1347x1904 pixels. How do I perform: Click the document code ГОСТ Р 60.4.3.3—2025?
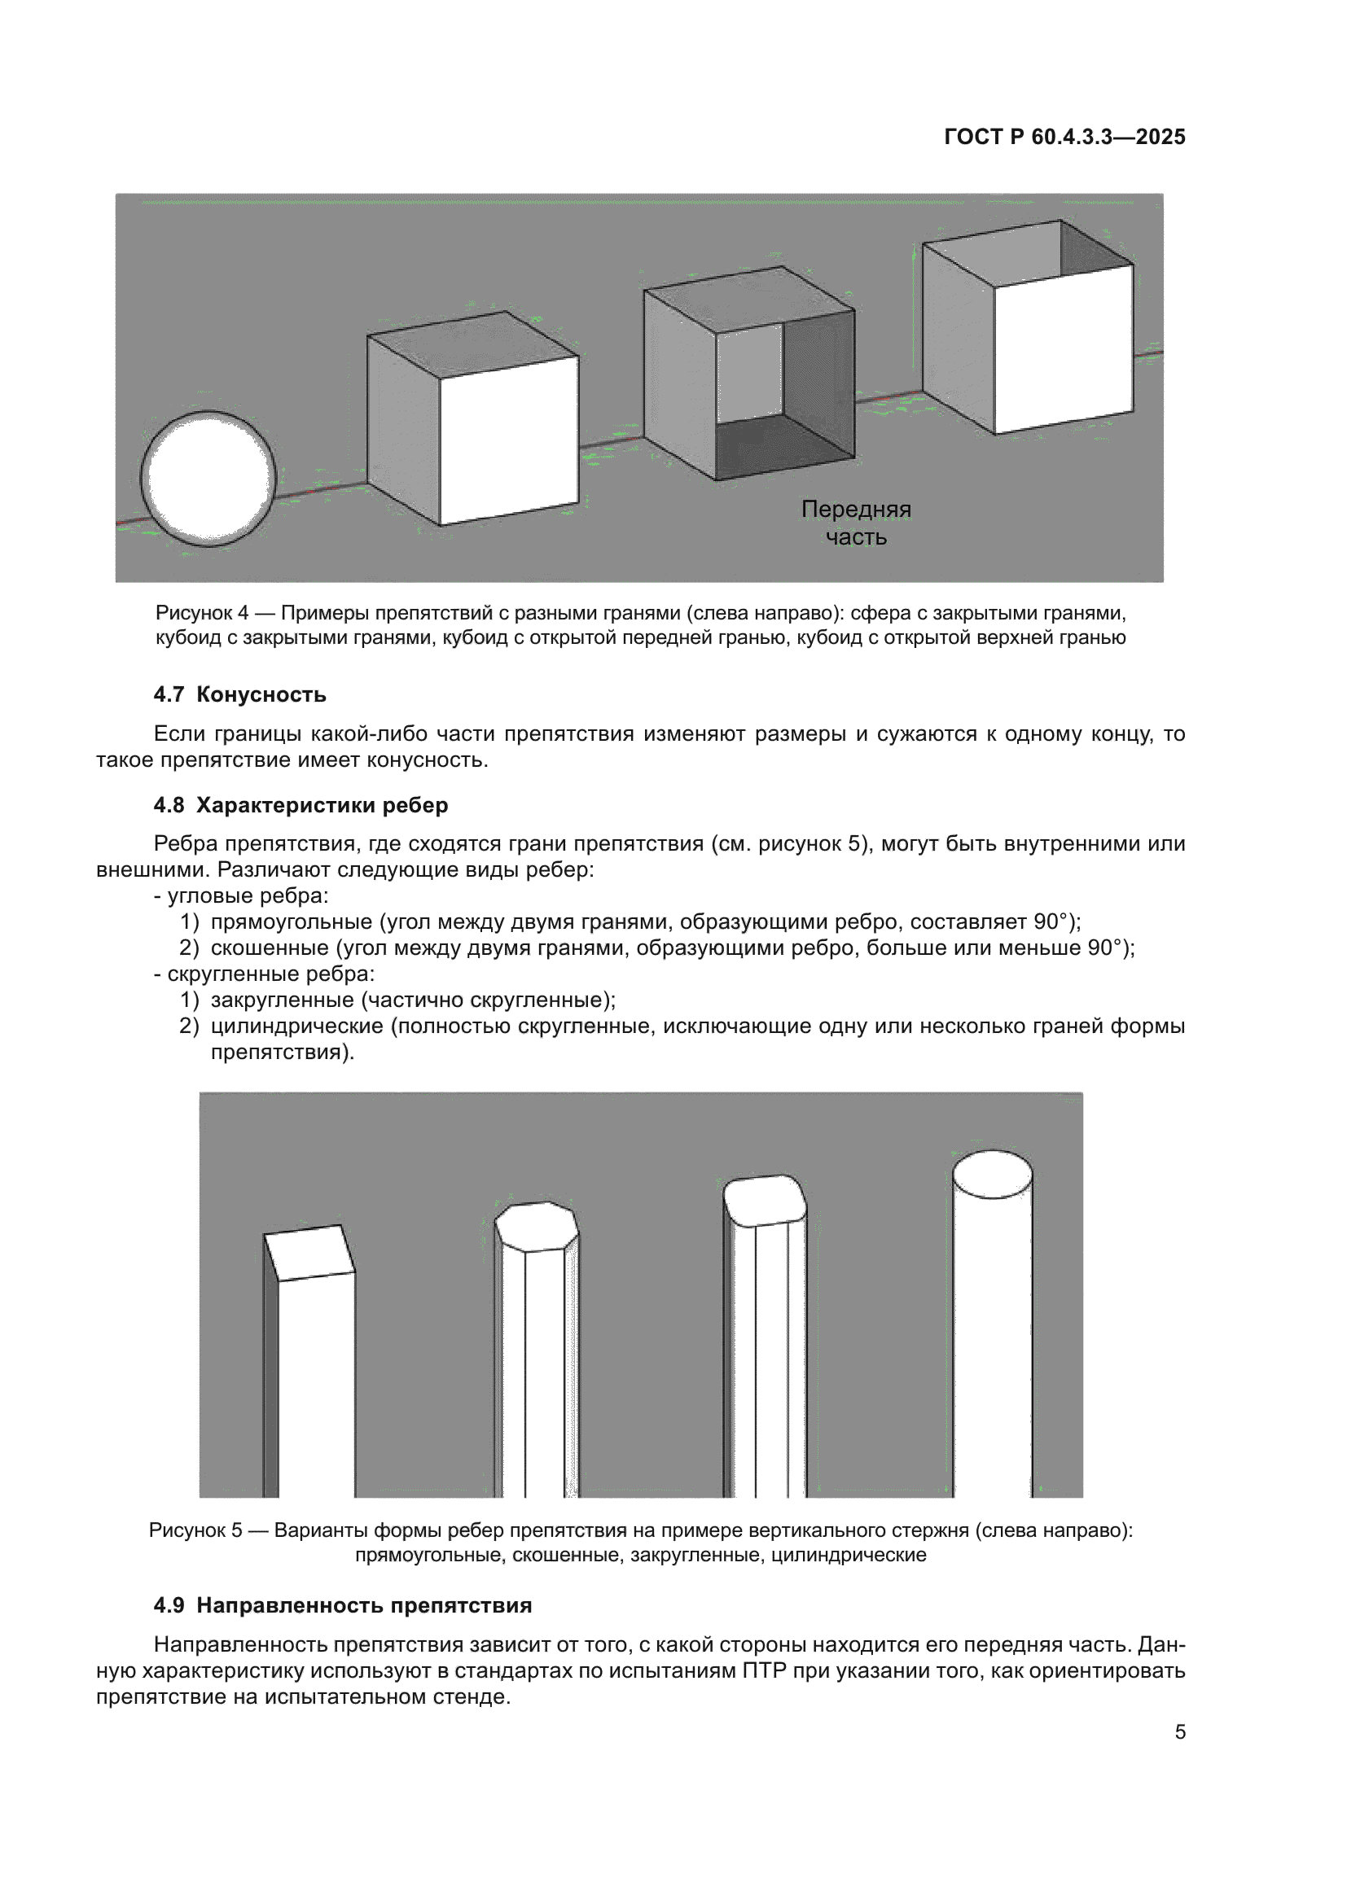click(x=1064, y=137)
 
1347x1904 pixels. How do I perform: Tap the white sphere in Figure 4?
click(x=208, y=478)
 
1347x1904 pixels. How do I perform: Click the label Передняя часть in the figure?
click(x=856, y=523)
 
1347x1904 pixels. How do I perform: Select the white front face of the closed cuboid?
click(x=508, y=440)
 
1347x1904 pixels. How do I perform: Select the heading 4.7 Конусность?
click(x=239, y=694)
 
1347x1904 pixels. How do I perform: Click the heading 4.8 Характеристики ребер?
click(x=301, y=804)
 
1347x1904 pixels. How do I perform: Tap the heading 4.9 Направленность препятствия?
click(x=343, y=1604)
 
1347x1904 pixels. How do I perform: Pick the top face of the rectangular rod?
click(x=309, y=1252)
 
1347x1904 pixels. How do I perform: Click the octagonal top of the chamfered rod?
click(x=536, y=1227)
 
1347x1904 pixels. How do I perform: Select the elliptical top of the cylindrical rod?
click(x=992, y=1175)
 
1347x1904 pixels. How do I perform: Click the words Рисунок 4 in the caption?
click(x=201, y=613)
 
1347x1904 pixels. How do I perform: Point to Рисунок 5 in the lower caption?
click(x=195, y=1530)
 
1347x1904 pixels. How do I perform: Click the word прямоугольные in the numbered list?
click(x=291, y=921)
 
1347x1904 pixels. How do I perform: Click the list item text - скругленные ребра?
click(x=264, y=974)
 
